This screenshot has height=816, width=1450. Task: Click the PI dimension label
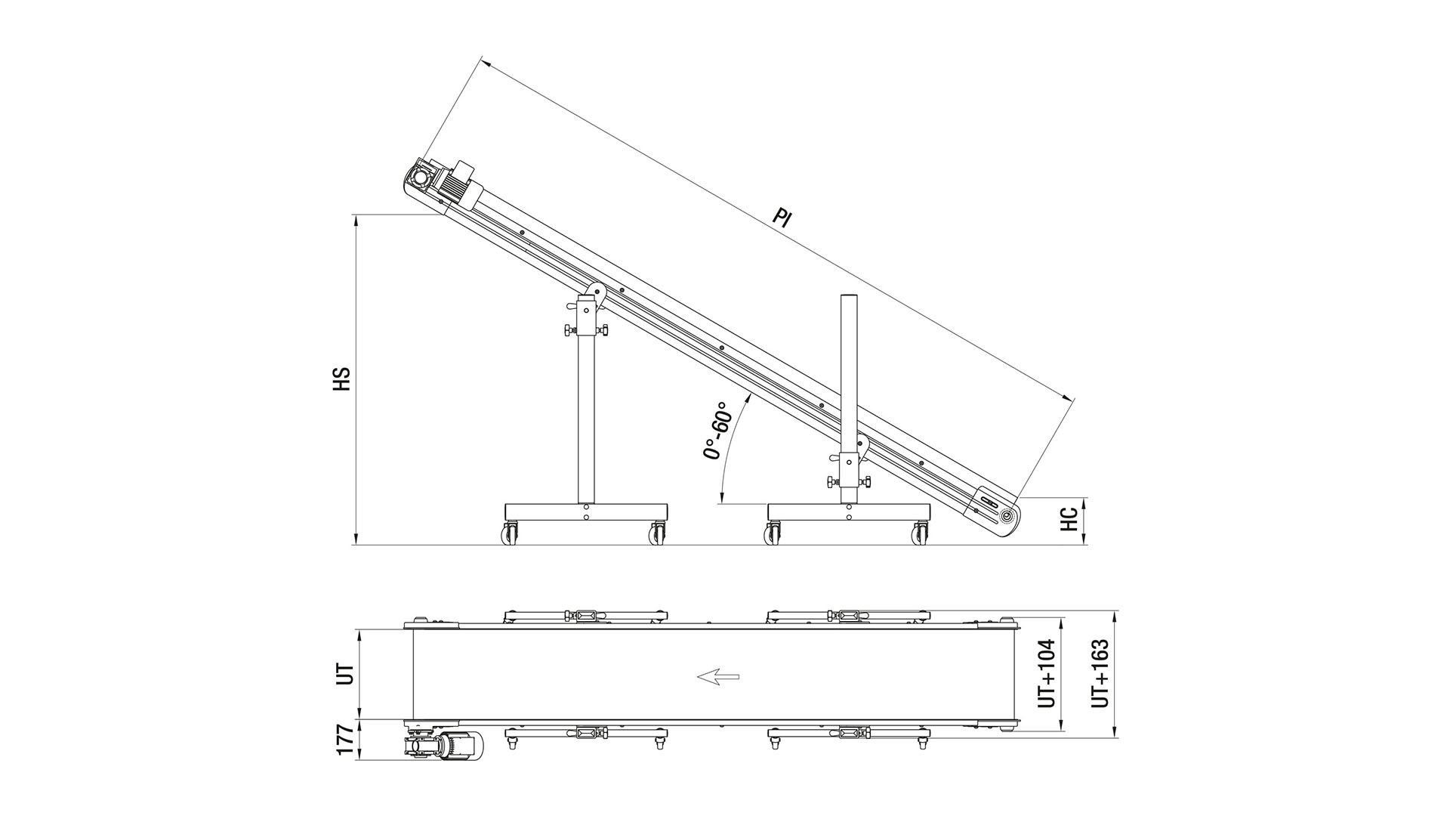point(782,218)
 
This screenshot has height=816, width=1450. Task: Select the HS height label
point(342,379)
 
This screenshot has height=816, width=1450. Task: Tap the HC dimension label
point(1069,519)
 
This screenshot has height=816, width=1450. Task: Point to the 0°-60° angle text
point(717,430)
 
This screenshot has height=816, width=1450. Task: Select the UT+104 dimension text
point(1047,675)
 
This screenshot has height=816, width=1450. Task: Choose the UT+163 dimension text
point(1100,675)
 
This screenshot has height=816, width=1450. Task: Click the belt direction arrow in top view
point(717,676)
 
